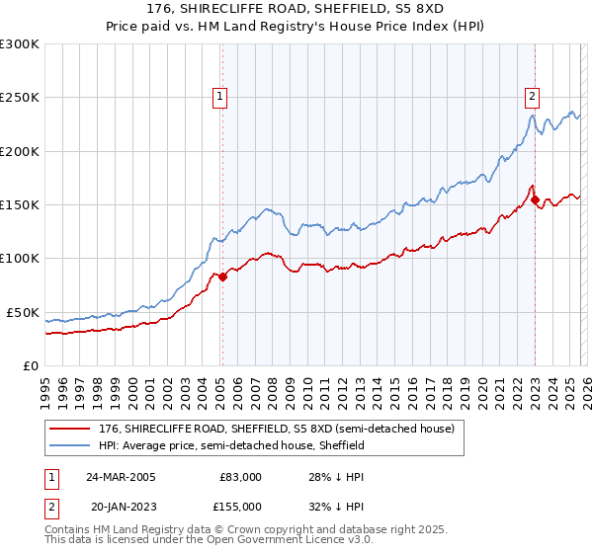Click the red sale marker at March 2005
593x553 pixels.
222,277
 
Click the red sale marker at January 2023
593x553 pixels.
535,200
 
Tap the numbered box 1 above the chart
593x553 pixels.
219,96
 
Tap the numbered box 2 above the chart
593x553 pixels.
532,96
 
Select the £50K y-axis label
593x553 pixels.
24,312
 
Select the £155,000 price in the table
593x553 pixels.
240,506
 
